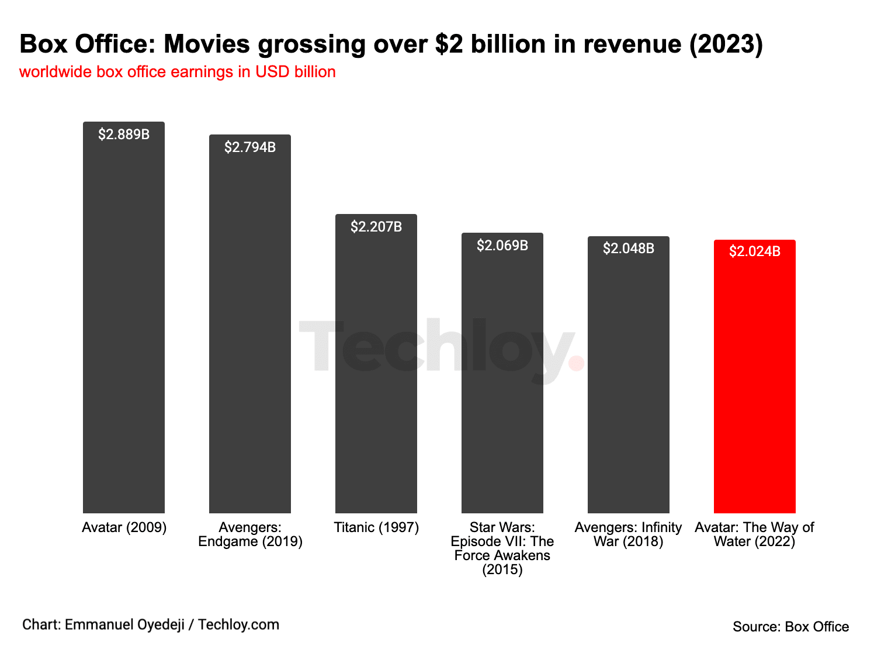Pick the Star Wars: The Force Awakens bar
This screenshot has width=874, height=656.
point(502,380)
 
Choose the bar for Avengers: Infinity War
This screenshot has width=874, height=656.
point(629,380)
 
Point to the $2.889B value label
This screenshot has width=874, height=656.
point(124,134)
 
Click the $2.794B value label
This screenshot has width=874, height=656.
point(250,147)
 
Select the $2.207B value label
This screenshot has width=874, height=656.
point(376,227)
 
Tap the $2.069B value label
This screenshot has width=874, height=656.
point(502,246)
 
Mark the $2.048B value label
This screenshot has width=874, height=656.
point(629,248)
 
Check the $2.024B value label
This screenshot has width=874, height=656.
point(755,251)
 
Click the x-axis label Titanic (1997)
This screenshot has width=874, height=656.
point(376,527)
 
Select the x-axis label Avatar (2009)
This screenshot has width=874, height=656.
point(124,527)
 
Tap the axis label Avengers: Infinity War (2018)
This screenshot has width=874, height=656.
point(629,534)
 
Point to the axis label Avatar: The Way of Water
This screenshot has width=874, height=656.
point(754,534)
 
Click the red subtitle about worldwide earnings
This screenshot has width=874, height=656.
point(178,72)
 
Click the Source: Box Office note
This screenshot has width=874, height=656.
point(790,627)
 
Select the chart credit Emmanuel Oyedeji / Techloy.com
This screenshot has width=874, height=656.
point(151,624)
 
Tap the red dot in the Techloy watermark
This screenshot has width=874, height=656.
point(576,363)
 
